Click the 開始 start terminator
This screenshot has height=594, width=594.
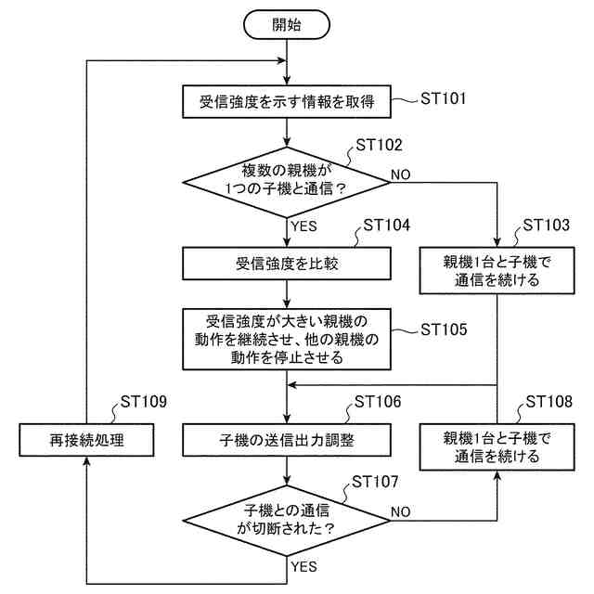click(x=288, y=25)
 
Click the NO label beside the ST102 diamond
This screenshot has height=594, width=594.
click(x=402, y=174)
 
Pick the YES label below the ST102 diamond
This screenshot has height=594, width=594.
click(x=305, y=226)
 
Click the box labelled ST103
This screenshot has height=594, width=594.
click(x=497, y=269)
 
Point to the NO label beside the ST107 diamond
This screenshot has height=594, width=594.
click(x=402, y=511)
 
